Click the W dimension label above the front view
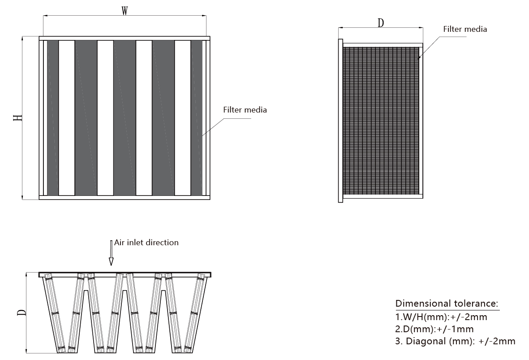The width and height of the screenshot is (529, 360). pyautogui.click(x=125, y=11)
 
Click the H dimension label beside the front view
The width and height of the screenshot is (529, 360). pyautogui.click(x=17, y=118)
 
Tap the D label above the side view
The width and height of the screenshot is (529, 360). pyautogui.click(x=381, y=23)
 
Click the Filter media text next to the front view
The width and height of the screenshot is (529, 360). pyautogui.click(x=245, y=110)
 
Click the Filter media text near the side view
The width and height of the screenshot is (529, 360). pyautogui.click(x=464, y=29)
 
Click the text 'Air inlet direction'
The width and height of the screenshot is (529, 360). pyautogui.click(x=146, y=243)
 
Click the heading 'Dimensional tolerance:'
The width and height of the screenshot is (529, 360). pyautogui.click(x=447, y=304)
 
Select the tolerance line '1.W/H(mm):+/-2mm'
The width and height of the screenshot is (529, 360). pyautogui.click(x=441, y=317)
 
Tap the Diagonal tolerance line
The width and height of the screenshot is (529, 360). pyautogui.click(x=455, y=341)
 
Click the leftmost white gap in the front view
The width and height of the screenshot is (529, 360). pyautogui.click(x=67, y=118)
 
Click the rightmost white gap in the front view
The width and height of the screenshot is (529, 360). pyautogui.click(x=182, y=118)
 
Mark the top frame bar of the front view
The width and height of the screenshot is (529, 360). pyautogui.click(x=125, y=39)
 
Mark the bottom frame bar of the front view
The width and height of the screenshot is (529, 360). pyautogui.click(x=125, y=197)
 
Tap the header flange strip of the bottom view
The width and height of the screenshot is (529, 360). pyautogui.click(x=125, y=274)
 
